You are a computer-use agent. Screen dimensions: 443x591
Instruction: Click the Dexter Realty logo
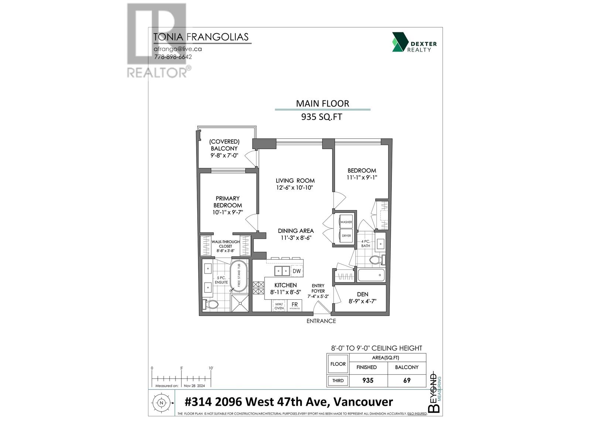pos(414,42)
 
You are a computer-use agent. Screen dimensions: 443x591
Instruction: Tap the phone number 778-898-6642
pos(173,57)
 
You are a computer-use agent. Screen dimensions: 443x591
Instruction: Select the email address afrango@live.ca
pos(178,49)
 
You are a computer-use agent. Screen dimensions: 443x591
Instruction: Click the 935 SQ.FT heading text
pos(322,117)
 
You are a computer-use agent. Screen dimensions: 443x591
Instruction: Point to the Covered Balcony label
pos(224,145)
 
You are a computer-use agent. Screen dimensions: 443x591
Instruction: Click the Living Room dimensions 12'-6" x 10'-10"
pos(295,188)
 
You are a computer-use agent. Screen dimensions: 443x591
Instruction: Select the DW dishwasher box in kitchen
pos(297,271)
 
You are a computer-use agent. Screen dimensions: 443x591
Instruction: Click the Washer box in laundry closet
pos(346,222)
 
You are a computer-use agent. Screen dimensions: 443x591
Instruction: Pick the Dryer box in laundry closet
pos(346,236)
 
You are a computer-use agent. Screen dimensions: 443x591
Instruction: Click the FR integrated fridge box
pos(294,305)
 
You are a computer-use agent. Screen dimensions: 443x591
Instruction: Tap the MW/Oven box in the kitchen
pos(279,306)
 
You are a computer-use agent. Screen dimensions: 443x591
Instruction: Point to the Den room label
pos(362,294)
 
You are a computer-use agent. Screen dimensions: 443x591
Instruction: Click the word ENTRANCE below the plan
pos(321,321)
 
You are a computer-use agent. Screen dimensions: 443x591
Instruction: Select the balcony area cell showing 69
pos(407,380)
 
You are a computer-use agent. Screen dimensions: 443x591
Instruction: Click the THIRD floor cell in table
pos(338,380)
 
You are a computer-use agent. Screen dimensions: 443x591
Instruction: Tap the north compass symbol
pos(161,403)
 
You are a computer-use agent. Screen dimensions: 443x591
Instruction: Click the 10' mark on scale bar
pos(211,368)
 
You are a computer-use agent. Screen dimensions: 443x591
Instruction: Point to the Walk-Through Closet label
pos(225,244)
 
